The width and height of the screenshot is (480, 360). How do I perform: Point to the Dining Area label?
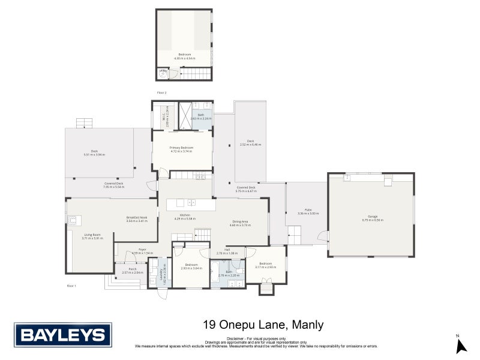(x=241, y=223)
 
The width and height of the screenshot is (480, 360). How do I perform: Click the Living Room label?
(x=92, y=236)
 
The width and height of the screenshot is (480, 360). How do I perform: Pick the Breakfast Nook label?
(x=137, y=218)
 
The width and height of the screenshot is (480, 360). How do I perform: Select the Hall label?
(x=227, y=250)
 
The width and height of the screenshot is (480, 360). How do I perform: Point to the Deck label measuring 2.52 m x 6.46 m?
(x=250, y=142)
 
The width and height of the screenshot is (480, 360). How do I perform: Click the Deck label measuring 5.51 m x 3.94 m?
(x=94, y=152)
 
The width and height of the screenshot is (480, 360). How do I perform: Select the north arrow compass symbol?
(x=460, y=345)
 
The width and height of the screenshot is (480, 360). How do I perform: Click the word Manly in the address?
(x=308, y=325)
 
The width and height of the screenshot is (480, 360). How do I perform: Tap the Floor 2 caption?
(x=161, y=93)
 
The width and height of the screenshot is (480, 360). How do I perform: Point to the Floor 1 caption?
(x=71, y=286)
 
